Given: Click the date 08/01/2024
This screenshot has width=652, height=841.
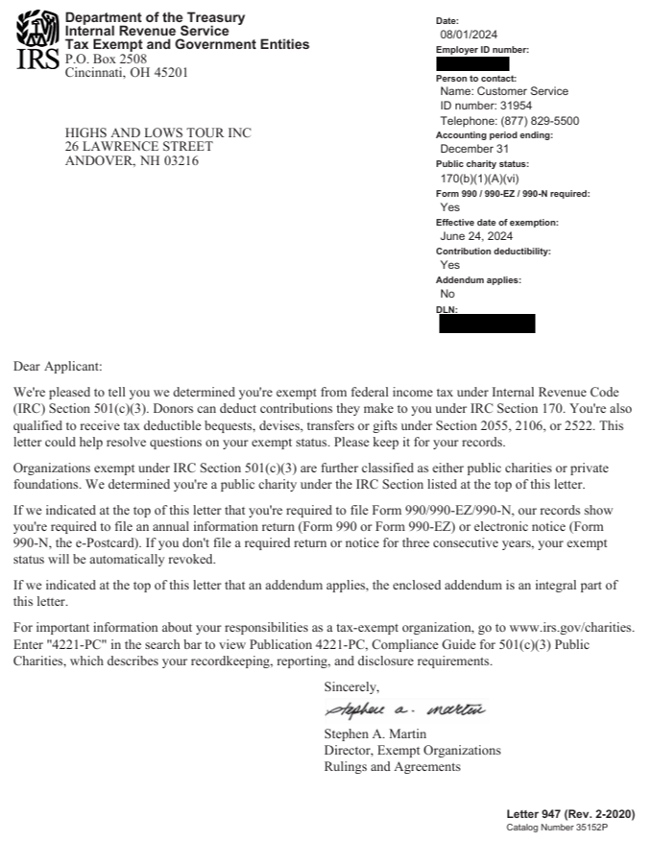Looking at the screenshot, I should tap(466, 35).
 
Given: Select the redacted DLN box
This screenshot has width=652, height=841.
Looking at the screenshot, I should tap(487, 324).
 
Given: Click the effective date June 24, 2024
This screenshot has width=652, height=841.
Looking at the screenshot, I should tap(472, 236).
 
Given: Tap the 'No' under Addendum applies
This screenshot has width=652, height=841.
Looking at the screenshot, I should tap(447, 294).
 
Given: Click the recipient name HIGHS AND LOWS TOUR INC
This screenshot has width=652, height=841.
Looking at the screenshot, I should tap(157, 132).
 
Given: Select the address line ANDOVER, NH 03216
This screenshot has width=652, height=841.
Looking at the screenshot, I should tap(132, 160).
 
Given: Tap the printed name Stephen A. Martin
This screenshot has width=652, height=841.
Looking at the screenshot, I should tap(375, 734).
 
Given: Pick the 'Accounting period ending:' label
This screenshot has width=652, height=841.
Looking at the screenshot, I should tap(495, 135).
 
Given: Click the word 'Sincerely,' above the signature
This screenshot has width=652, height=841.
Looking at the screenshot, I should tap(352, 687).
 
